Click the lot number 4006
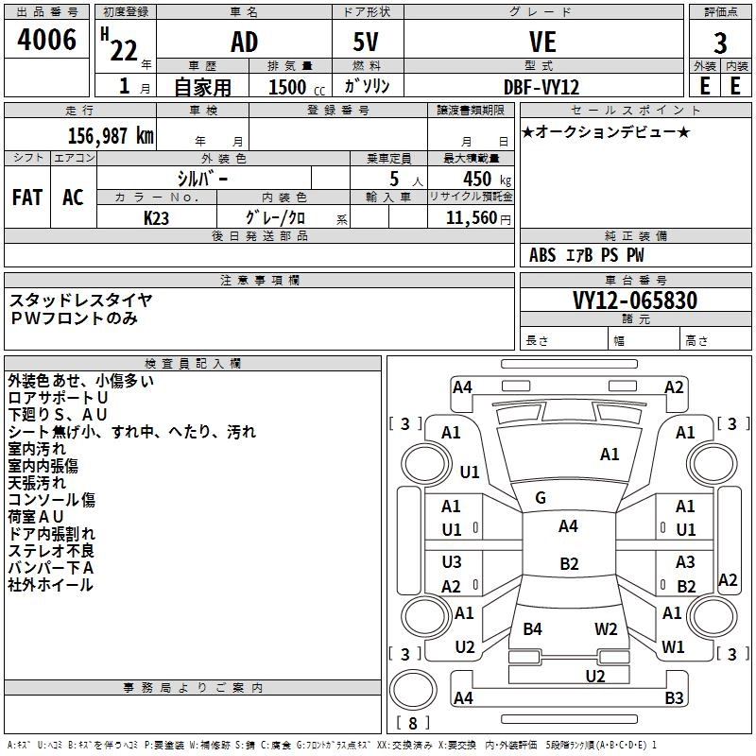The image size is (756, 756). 46,40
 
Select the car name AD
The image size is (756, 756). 244,42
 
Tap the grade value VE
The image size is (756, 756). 542,42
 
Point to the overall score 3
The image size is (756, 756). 720,43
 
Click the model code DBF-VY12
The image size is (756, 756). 541,87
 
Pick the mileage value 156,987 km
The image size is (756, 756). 111,135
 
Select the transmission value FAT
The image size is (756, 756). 27,198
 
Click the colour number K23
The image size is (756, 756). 156,218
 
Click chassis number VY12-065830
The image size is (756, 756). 635,301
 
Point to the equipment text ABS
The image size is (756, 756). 542,255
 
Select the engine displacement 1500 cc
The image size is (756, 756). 297,87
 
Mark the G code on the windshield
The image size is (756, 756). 541,498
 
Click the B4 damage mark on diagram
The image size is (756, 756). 532,628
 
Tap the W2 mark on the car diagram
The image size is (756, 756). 606,628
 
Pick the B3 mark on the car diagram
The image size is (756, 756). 674,697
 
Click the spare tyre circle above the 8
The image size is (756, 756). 413,690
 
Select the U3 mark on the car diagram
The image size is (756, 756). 452,561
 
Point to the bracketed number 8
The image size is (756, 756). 413,723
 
